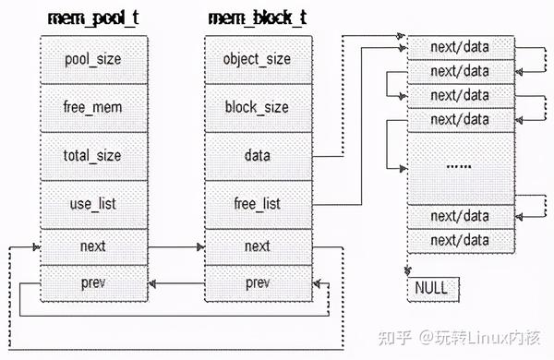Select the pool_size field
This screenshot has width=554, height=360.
tap(92, 59)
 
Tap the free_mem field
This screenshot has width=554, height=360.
tap(92, 107)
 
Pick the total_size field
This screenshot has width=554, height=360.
tap(92, 156)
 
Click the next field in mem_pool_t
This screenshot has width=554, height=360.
tap(92, 246)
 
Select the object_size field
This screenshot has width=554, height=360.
tap(258, 59)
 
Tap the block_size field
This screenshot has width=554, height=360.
tap(258, 107)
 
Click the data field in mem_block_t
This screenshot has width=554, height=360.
tap(258, 156)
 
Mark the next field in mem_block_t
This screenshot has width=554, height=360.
tap(258, 246)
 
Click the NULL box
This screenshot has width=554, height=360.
tap(430, 288)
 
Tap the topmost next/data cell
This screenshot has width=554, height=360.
tap(460, 45)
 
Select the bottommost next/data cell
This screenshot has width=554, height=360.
tap(460, 240)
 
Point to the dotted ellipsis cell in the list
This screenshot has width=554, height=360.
tap(460, 167)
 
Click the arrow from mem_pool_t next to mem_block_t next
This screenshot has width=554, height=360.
tap(175, 247)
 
